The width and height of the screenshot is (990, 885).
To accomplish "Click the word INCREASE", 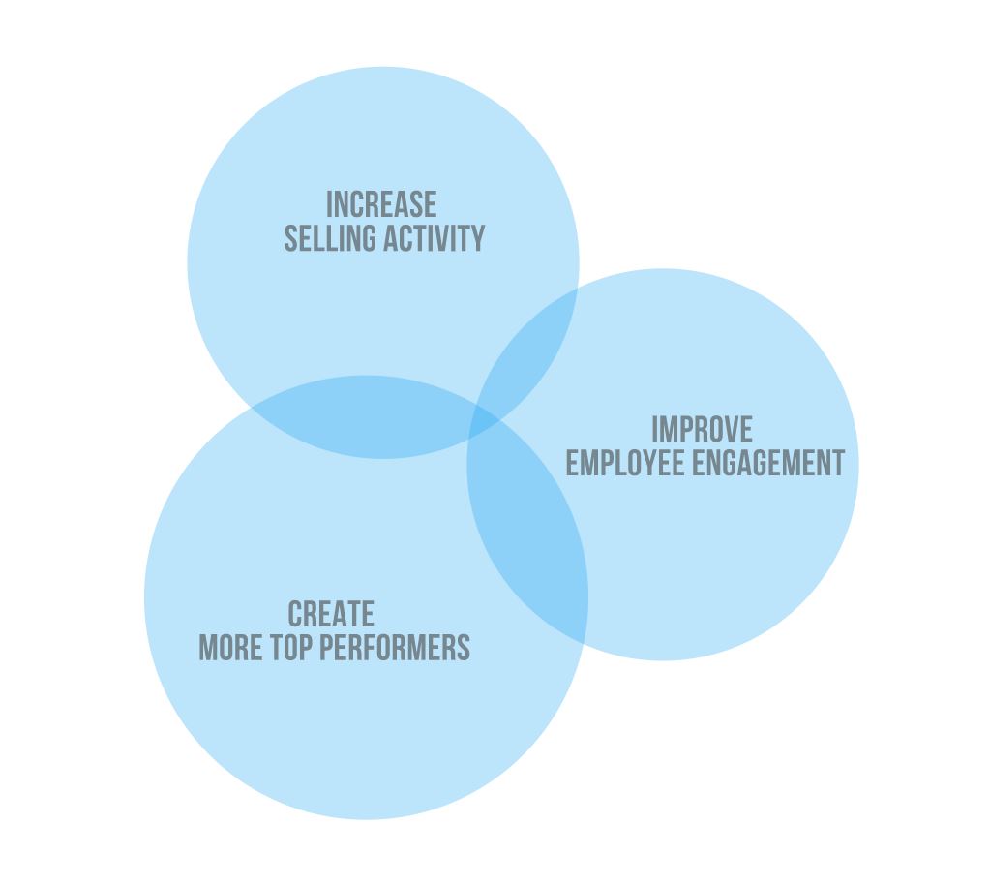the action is click(381, 205).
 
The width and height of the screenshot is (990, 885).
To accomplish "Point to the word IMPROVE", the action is click(702, 430).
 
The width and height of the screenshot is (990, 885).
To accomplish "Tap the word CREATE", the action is click(331, 615).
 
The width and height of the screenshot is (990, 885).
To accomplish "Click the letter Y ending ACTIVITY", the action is click(478, 238).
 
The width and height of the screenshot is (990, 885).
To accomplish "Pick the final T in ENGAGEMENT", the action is click(838, 463).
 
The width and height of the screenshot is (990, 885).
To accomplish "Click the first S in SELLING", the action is click(290, 238).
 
